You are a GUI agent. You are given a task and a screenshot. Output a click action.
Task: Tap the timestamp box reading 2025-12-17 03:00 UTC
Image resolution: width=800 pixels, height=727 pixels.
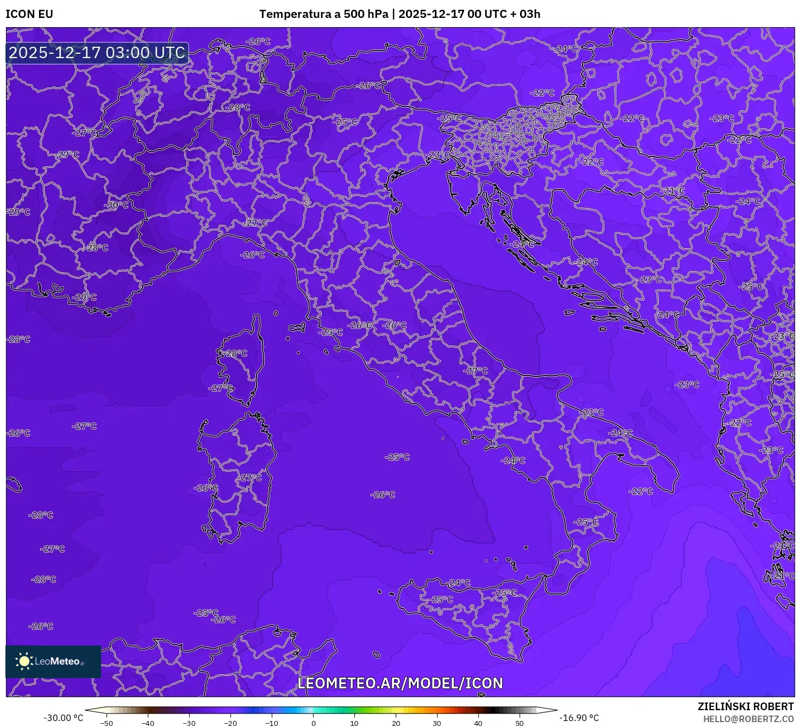(x=97, y=53)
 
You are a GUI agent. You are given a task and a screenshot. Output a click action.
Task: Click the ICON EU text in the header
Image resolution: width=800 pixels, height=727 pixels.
(x=29, y=14)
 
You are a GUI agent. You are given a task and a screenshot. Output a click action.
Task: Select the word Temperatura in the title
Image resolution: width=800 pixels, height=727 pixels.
(x=291, y=14)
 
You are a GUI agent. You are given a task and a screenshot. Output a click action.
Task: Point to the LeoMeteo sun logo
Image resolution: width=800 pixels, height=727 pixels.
(x=24, y=661)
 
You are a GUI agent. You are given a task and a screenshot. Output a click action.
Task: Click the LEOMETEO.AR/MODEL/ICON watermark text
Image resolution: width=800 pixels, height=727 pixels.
(x=400, y=683)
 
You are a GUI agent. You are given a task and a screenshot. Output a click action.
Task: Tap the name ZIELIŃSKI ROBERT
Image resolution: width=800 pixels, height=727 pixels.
(x=746, y=706)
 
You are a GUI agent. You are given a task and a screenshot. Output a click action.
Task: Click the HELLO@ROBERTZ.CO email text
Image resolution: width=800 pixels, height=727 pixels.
(x=748, y=719)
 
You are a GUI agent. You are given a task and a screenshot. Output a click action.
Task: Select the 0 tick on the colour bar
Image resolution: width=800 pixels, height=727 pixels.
(x=314, y=723)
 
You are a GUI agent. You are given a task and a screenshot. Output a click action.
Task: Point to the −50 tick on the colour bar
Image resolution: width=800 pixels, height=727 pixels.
(x=107, y=723)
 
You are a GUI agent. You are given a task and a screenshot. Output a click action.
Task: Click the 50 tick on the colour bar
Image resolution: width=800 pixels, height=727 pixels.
(x=520, y=723)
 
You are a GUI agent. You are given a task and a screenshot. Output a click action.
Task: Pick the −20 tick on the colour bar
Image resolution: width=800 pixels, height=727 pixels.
(x=230, y=723)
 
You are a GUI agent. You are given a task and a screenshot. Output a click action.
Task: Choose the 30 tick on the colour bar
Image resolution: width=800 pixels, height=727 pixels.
(x=437, y=723)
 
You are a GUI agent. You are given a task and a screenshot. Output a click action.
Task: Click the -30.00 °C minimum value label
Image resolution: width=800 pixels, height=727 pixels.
(x=64, y=718)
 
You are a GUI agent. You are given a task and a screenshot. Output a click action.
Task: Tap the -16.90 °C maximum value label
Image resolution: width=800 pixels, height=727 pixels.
(x=579, y=718)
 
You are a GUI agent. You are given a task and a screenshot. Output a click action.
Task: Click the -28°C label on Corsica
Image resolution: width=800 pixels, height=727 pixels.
(x=236, y=353)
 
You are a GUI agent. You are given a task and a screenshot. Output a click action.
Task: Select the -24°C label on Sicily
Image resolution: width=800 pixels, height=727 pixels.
(x=459, y=583)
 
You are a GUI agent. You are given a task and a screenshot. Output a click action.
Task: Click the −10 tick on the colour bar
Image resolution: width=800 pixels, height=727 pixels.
(x=272, y=723)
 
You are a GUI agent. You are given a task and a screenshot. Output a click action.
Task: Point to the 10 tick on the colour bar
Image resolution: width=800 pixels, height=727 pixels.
(x=354, y=723)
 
